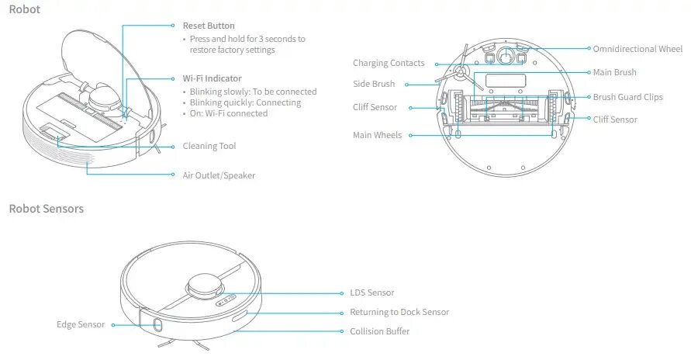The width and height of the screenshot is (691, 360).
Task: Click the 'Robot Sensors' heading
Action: (46, 209)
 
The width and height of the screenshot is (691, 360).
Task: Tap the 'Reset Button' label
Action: (209, 26)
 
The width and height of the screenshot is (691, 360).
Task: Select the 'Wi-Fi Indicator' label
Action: (212, 79)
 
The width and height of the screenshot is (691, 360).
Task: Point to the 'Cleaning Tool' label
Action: (209, 146)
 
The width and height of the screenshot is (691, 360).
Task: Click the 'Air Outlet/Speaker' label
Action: (219, 175)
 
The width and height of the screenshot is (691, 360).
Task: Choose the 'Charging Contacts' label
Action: (389, 64)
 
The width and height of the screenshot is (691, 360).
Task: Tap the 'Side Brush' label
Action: (374, 84)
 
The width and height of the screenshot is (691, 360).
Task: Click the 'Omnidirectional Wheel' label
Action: (637, 49)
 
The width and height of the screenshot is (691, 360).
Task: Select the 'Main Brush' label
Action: (614, 72)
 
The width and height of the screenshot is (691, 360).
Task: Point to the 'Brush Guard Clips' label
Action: (627, 98)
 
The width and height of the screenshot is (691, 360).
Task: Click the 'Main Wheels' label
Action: (377, 135)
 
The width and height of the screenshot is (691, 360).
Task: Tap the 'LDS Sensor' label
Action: (372, 293)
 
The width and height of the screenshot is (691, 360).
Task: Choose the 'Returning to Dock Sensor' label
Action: (399, 312)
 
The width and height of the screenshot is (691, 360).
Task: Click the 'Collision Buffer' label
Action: (380, 331)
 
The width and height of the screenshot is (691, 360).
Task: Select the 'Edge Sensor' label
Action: (81, 324)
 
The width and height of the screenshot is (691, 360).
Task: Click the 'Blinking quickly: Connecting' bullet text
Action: (253, 102)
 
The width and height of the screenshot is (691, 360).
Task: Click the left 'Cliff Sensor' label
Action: (375, 108)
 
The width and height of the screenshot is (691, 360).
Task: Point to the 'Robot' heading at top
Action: (25, 10)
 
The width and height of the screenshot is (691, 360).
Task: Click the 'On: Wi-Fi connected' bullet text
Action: (229, 113)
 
